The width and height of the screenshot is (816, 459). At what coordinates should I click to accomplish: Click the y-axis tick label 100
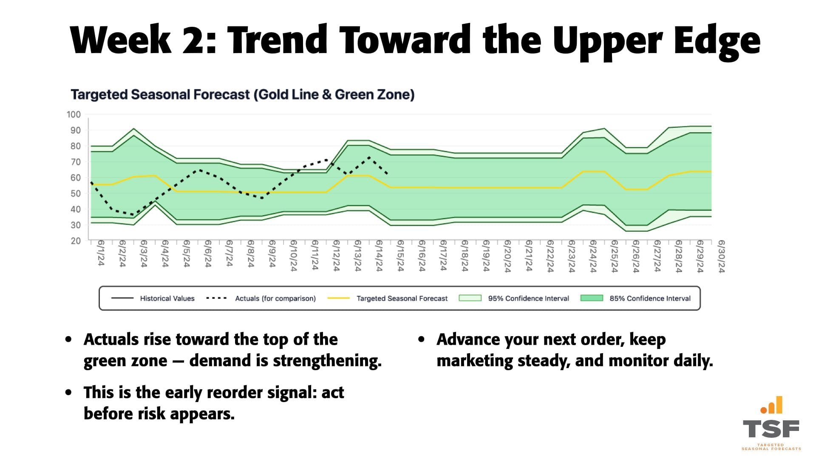(74, 114)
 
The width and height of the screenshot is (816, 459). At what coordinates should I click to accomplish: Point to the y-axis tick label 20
(75, 241)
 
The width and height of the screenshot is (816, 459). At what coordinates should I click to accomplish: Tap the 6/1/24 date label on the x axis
(101, 253)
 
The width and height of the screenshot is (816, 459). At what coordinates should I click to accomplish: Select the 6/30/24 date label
(721, 256)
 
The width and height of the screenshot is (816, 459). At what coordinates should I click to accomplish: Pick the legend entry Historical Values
(167, 298)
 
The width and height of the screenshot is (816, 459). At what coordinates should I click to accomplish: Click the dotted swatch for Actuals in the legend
(216, 298)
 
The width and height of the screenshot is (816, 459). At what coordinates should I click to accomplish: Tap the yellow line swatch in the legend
(338, 298)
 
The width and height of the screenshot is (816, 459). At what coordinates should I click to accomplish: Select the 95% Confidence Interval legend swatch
(470, 298)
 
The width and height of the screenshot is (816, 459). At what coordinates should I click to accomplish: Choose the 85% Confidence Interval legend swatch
(592, 298)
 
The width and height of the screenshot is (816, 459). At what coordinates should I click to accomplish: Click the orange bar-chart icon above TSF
(772, 405)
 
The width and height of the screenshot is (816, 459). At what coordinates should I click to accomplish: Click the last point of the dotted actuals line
(387, 174)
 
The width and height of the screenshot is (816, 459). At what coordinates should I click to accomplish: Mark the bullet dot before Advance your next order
(421, 340)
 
